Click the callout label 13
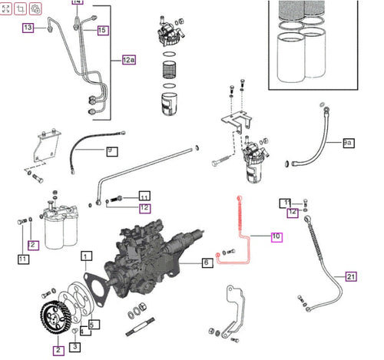pos(28,28)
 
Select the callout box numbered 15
pos(103,30)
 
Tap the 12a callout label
pos(128,60)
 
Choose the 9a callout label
pos(348,143)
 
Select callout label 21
pos(351,276)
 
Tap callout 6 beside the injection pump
pos(206,263)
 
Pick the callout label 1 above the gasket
pos(87,256)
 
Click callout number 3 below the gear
pos(74,346)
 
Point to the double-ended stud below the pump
pos(144,333)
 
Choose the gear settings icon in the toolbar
pos(36,9)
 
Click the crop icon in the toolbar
pos(22,9)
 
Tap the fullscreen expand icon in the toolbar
pos(7,9)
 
